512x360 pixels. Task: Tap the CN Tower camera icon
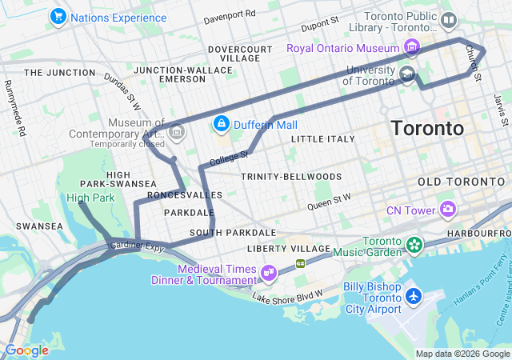pos(448,210)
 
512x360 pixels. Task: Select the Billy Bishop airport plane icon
pos(414,297)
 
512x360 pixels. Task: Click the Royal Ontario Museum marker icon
pos(412,48)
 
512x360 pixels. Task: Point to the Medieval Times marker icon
pos(268,274)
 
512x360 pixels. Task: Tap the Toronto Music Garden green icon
pos(414,243)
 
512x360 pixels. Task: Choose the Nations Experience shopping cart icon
pos(58,16)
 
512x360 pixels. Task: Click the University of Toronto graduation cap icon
pos(407,76)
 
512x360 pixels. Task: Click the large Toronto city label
pos(427,129)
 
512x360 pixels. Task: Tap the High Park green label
pos(90,198)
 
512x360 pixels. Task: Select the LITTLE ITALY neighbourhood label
pos(322,139)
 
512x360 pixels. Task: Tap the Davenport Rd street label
pos(230,15)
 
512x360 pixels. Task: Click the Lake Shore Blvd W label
pos(287,296)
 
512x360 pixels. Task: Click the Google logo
pos(26,350)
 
